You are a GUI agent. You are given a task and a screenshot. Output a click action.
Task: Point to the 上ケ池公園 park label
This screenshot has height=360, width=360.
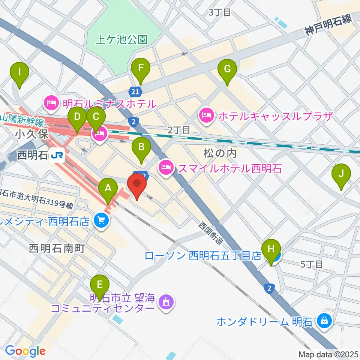coord(121,40)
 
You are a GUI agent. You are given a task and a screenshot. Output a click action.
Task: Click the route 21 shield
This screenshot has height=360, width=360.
coord(135,91)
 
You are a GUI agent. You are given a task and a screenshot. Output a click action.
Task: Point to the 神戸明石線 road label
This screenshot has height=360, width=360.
coord(328,25)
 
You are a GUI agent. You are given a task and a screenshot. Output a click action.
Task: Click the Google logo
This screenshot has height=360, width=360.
coord(25,351)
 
